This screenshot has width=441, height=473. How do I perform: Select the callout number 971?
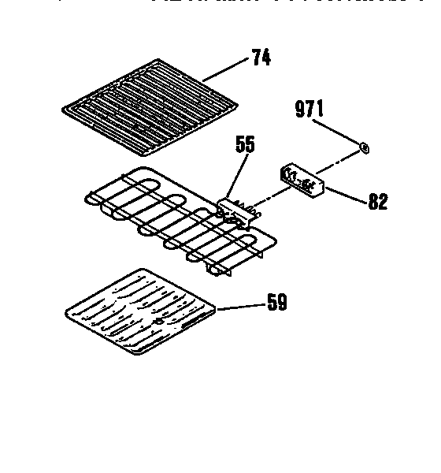(x=309, y=110)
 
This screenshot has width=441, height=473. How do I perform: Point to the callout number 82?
(x=378, y=202)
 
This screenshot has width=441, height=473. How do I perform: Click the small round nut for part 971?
(x=364, y=146)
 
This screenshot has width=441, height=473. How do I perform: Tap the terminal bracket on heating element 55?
(x=234, y=209)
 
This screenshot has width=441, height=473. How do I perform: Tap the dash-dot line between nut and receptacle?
(x=340, y=160)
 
